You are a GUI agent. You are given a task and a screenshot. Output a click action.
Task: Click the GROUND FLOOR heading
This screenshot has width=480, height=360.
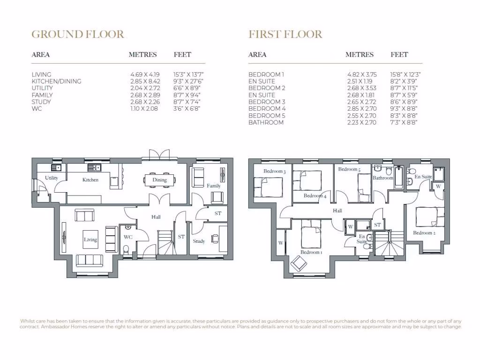(x=78, y=34)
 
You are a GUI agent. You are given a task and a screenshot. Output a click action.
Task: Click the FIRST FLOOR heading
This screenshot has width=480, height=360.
(x=285, y=34)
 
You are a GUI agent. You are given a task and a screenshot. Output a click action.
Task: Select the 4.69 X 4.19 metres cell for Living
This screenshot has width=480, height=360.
(x=145, y=75)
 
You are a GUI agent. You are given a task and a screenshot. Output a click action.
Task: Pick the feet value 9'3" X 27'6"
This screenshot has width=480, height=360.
(x=189, y=81)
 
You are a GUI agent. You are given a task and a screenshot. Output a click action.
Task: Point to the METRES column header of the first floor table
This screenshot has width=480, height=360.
(x=360, y=54)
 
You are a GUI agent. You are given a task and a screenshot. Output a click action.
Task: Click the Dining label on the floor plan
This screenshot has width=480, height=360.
(x=159, y=180)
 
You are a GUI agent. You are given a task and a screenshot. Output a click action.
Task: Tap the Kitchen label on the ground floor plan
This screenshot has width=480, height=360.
(x=90, y=180)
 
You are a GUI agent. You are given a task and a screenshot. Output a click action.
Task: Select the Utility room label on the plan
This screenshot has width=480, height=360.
(x=51, y=178)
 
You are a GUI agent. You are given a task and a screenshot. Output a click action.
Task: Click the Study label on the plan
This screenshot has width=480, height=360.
(x=199, y=241)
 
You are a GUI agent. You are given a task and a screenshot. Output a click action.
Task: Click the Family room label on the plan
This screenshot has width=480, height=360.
(x=214, y=186)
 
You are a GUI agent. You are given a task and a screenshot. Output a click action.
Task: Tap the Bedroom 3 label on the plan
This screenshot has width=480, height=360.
(x=274, y=171)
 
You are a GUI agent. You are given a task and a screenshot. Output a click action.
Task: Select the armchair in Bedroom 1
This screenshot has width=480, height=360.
(x=298, y=264)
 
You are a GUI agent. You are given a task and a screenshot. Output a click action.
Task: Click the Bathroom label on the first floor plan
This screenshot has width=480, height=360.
(x=383, y=178)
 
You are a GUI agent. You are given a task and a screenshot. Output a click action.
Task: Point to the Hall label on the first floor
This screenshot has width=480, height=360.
(x=337, y=211)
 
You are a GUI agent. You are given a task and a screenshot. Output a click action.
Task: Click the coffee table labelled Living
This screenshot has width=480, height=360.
(x=90, y=239)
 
